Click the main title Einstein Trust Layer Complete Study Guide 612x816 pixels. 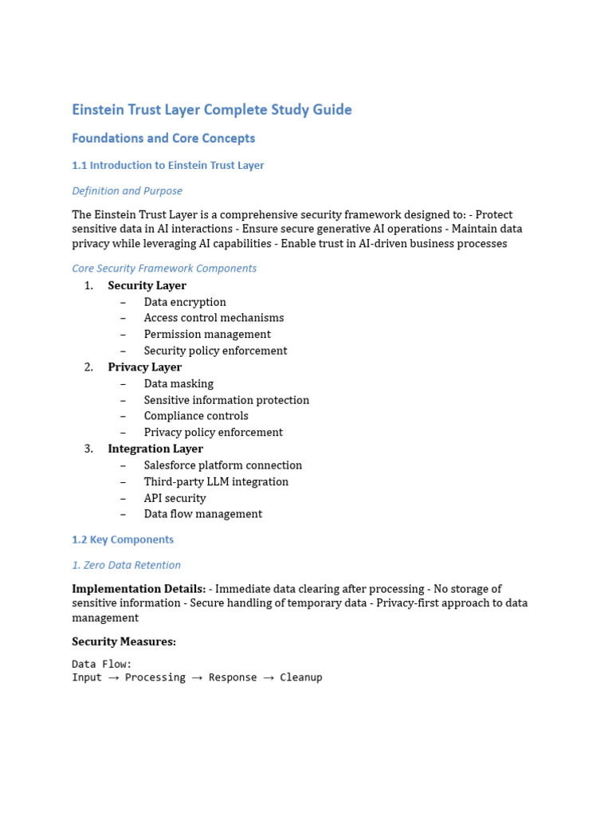211,110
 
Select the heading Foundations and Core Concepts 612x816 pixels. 163,139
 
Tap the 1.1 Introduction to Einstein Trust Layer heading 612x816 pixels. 167,166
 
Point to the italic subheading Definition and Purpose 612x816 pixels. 127,191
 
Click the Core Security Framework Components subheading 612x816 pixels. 164,269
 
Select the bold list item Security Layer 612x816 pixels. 147,285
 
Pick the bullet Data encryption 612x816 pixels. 185,302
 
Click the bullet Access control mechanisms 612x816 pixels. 214,318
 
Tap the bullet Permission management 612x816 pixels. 207,335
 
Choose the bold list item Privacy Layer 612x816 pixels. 144,367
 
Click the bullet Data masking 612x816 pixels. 178,384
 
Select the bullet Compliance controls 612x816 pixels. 196,416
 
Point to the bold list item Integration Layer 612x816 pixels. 155,449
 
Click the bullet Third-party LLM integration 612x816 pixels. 216,482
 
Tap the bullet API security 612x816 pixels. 175,498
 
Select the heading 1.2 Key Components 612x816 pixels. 122,539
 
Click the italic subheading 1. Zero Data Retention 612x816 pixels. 126,565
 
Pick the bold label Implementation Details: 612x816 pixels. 139,589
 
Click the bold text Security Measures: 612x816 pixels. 124,641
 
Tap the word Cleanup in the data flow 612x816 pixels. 300,677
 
